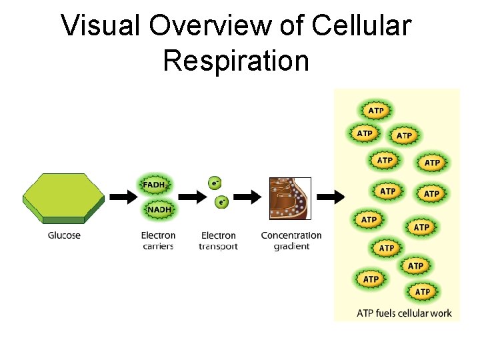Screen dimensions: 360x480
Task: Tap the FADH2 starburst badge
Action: (x=155, y=185)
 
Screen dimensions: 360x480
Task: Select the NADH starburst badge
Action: (x=159, y=209)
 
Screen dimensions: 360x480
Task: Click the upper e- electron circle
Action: (x=215, y=181)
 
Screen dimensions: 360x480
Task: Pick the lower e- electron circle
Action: (x=222, y=201)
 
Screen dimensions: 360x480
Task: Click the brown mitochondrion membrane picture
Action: (x=290, y=198)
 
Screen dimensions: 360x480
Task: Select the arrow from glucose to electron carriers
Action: (x=122, y=197)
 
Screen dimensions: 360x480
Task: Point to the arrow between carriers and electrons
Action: (x=192, y=197)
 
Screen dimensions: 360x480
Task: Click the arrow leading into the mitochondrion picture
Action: (x=247, y=197)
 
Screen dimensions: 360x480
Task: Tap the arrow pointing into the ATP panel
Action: (x=330, y=197)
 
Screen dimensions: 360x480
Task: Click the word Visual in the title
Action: (x=101, y=27)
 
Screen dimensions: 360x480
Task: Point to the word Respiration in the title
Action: (x=236, y=60)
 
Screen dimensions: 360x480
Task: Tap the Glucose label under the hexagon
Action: (x=64, y=235)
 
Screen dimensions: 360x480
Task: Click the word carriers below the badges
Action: (x=158, y=247)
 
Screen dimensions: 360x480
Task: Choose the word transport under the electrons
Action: (x=218, y=247)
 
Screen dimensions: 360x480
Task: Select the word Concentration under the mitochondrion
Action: (x=291, y=235)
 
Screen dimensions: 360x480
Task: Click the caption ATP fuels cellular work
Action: (x=404, y=313)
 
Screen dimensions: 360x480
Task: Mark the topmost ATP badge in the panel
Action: (x=376, y=111)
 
